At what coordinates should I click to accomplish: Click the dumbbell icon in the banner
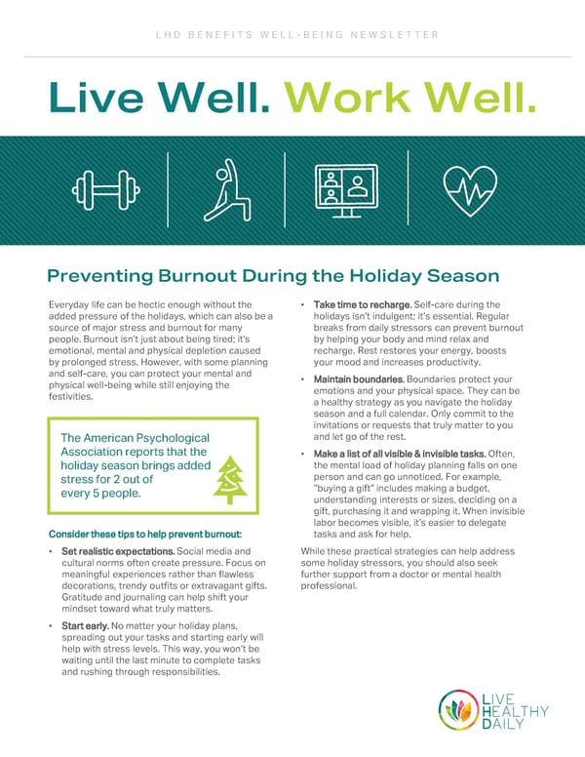tap(100, 187)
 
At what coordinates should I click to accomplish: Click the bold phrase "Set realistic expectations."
tap(110, 552)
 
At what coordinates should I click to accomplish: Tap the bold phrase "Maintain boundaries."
tap(360, 378)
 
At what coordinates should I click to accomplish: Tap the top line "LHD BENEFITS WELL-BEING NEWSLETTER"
tap(292, 35)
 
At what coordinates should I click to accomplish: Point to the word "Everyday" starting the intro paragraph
tap(70, 305)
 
